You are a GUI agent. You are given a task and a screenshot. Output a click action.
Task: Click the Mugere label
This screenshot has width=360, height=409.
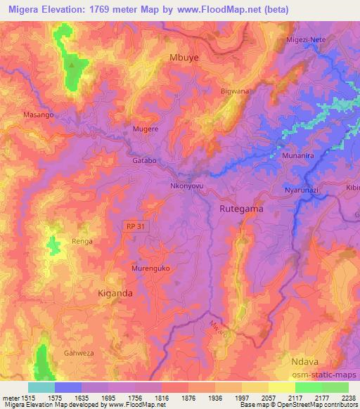click(146, 130)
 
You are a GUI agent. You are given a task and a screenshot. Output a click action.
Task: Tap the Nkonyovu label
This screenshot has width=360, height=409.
click(186, 187)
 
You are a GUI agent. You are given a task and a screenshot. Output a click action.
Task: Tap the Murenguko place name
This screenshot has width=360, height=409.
click(151, 268)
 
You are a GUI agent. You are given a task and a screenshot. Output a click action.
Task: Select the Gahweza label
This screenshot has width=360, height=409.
click(78, 353)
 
